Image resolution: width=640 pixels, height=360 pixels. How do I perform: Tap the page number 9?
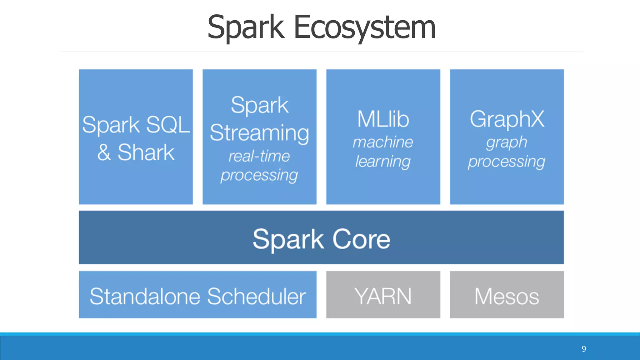[584, 349]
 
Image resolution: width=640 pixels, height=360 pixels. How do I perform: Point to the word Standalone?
[145, 296]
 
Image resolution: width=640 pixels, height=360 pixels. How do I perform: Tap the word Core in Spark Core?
[361, 239]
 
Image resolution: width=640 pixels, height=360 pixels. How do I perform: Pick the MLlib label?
[383, 119]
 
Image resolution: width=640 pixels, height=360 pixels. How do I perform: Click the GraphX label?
[507, 119]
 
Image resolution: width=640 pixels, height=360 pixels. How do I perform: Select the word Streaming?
[259, 133]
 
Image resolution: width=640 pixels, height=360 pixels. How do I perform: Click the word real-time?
[259, 156]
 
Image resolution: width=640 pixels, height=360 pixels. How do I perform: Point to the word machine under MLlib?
[383, 142]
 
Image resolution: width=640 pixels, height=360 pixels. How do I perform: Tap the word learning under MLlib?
[383, 162]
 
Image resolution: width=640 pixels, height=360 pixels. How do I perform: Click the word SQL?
[168, 125]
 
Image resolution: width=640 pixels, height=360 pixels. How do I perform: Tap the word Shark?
[146, 152]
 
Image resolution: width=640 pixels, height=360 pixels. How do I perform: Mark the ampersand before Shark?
[104, 153]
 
